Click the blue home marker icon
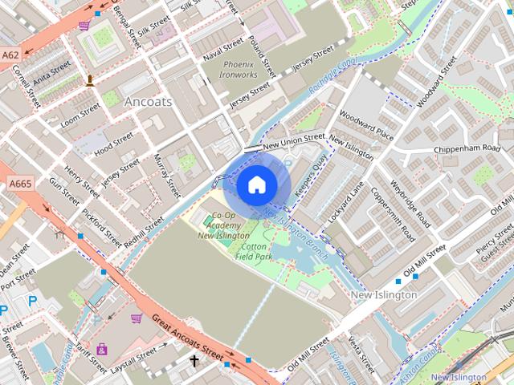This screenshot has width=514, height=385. (x=256, y=185)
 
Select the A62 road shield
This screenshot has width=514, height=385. (x=10, y=55)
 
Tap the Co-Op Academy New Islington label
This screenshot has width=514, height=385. (x=222, y=227)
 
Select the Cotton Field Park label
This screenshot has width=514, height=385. (x=255, y=253)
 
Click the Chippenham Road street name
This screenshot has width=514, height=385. (x=467, y=149)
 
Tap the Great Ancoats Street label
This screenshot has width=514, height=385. (x=188, y=336)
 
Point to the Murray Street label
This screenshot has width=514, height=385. (x=164, y=176)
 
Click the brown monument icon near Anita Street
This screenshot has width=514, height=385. (x=90, y=79)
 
